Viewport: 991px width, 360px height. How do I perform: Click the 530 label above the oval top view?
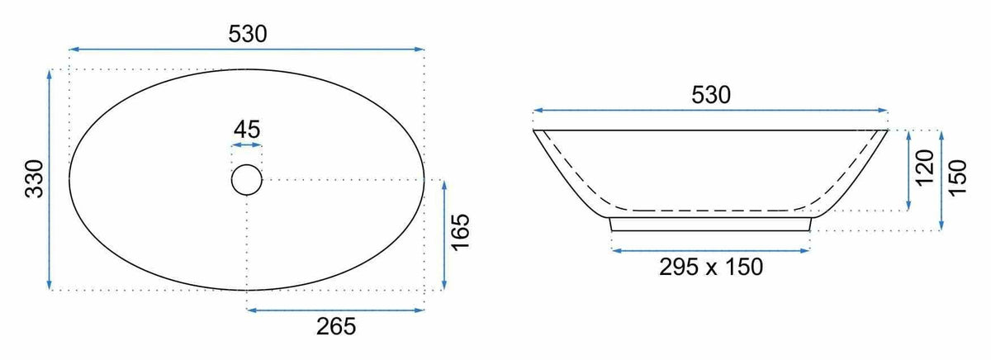pos(248,34)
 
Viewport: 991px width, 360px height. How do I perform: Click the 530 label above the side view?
pos(711,95)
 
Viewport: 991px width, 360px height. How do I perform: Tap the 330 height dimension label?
pos(35,178)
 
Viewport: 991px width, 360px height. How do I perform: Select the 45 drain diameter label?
pos(247,130)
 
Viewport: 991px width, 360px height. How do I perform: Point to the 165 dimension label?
pos(460,233)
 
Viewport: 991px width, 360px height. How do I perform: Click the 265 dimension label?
pos(336,327)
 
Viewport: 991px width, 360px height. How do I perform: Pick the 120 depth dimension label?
pos(925,168)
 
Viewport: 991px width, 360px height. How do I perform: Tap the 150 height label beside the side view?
pos(958,178)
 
